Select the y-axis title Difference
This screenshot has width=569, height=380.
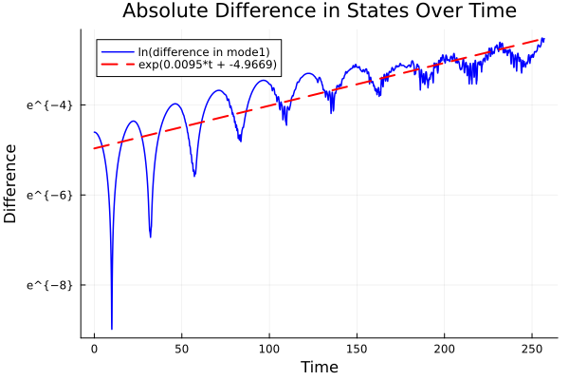point(11,183)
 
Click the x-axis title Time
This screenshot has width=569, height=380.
point(319,367)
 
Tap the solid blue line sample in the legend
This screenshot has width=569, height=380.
point(118,51)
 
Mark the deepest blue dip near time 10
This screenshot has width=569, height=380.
point(112,328)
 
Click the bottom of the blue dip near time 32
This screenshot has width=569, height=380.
point(150,236)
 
